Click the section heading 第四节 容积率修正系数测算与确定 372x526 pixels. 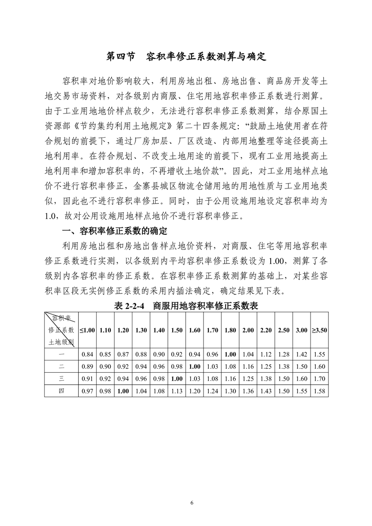[186, 57]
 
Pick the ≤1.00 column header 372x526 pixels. [87, 330]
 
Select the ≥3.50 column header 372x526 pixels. [319, 330]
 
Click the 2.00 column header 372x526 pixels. [248, 330]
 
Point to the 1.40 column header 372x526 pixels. [159, 330]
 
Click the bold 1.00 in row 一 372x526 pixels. [230, 355]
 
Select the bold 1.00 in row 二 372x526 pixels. [195, 367]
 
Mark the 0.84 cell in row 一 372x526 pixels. [87, 355]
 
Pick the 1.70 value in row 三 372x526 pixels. [319, 378]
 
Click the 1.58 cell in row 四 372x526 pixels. [319, 390]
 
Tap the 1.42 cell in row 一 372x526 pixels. [301, 355]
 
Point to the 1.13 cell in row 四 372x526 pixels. [177, 390]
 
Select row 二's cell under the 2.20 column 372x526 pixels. [266, 367]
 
